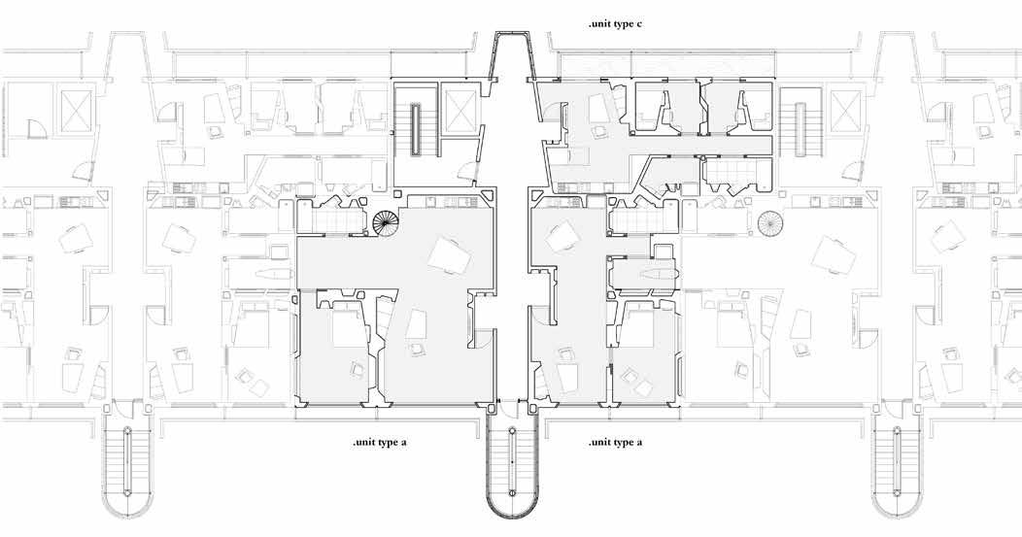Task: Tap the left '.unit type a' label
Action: pos(386,443)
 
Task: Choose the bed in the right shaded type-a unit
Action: pos(645,327)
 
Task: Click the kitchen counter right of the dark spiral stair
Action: pos(447,201)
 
